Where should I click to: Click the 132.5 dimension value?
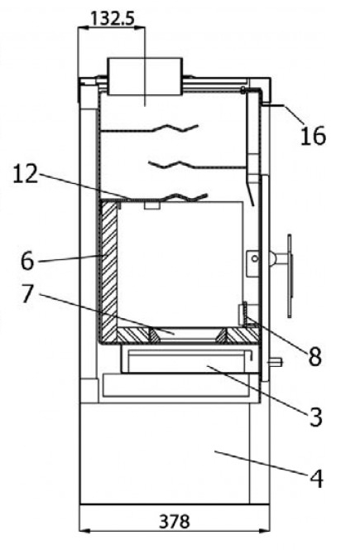113,17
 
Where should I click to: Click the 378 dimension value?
175,522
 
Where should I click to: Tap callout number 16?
313,136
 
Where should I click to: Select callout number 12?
25,174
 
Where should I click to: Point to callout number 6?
27,261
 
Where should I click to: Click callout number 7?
28,294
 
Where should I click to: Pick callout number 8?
314,358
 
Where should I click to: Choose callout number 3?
315,417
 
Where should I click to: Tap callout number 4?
316,479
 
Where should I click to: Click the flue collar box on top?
145,76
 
